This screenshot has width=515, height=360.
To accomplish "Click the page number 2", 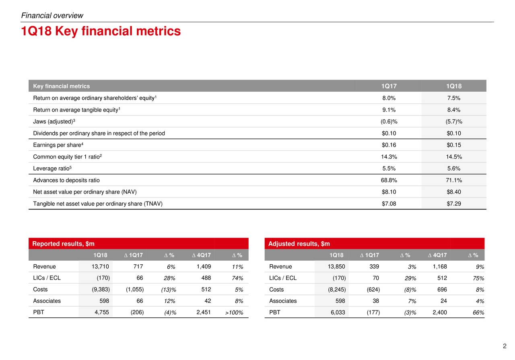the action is point(505,346).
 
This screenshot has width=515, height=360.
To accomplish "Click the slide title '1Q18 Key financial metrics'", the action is point(101,31).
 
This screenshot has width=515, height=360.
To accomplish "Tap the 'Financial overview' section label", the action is point(52,15).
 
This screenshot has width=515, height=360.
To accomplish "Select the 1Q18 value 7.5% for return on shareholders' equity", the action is point(453,98).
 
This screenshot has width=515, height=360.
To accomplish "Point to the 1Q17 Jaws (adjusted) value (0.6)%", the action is point(389,121).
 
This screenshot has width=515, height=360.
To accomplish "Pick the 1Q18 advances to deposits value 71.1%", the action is point(453,180).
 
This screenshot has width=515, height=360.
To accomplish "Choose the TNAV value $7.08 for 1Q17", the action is point(389,204).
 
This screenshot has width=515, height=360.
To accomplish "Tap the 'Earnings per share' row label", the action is point(58,145).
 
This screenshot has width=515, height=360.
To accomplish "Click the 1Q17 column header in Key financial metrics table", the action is point(389,86).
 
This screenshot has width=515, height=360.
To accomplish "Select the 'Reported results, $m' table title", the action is point(64,244).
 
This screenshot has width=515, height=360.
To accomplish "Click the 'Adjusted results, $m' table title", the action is point(299,244).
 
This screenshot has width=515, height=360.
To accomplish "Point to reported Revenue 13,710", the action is point(100,266).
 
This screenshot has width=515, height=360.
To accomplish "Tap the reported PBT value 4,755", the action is point(102,312).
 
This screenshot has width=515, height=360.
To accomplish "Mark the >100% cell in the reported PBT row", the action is point(234,313).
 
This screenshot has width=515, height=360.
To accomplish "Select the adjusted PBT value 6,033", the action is point(338,312).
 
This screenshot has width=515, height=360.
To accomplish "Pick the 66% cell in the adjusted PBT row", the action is point(478,313).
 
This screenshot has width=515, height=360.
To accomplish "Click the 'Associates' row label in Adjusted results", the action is point(283,301).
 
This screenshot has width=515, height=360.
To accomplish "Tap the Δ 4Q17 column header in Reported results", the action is point(202,255).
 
